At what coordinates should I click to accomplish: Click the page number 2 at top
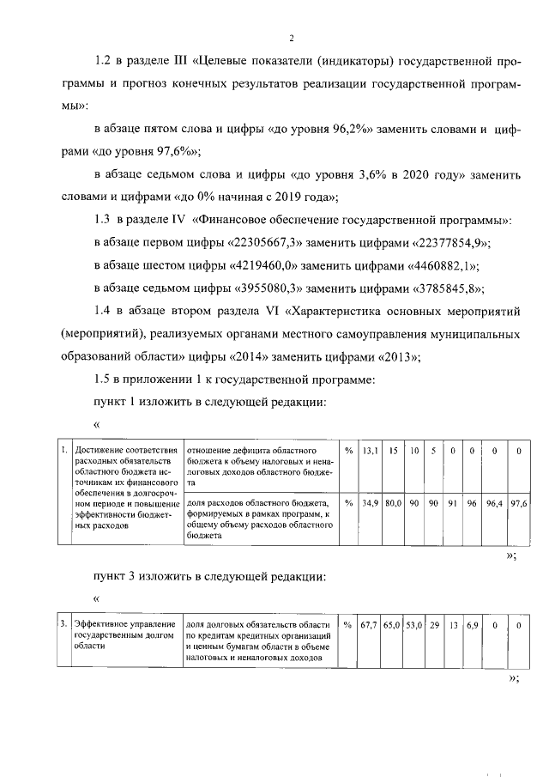(x=292, y=39)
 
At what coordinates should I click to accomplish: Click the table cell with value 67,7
(x=370, y=626)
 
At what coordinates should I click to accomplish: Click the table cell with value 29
(x=434, y=626)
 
